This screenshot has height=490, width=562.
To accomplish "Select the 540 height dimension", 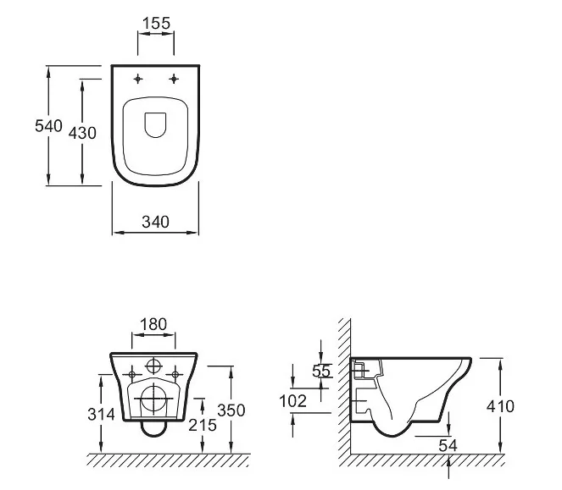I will click(48, 126).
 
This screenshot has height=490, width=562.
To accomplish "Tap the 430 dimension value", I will click(81, 133).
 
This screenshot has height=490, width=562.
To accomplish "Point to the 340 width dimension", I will click(155, 222).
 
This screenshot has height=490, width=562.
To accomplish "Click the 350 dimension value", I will click(231, 410).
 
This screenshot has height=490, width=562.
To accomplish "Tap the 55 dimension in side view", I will click(321, 370).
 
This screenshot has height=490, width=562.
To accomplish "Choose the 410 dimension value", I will click(500, 406).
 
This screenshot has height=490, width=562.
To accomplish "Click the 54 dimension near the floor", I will click(450, 443).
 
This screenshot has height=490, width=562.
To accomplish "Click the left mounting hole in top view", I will click(137, 80).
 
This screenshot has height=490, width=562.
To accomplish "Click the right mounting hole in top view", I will click(175, 80).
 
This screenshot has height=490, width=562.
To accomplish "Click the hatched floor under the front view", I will click(170, 460).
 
